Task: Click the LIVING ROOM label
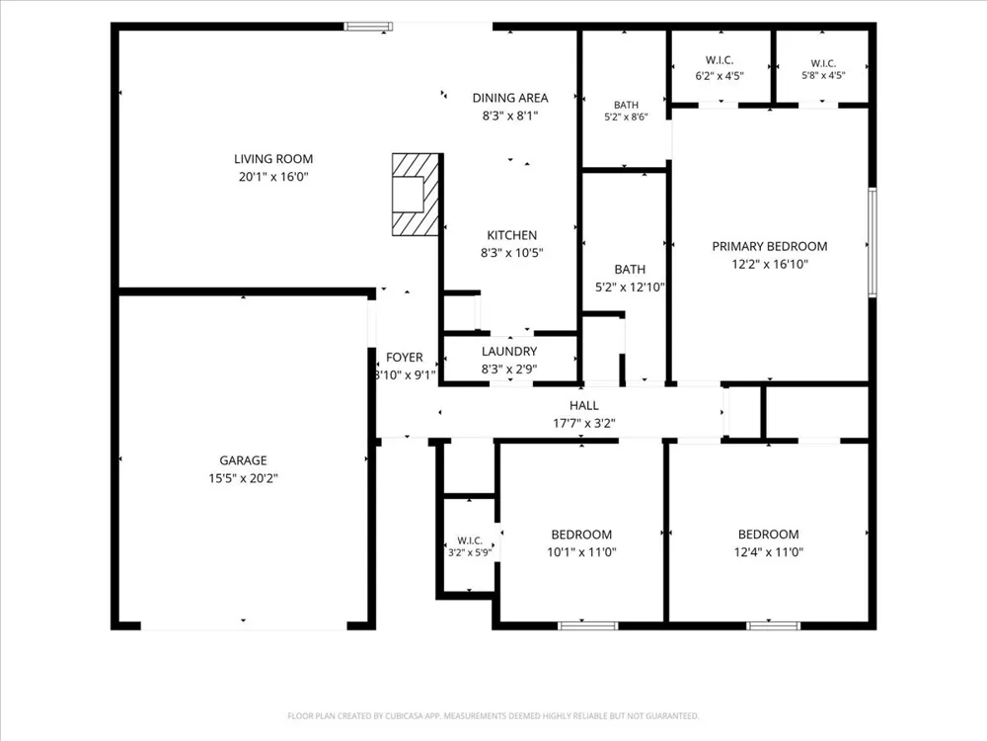click(273, 159)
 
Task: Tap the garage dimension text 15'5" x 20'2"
click(243, 478)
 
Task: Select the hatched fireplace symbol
click(416, 195)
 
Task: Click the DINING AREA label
click(510, 98)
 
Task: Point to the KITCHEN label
click(511, 235)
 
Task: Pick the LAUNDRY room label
click(509, 351)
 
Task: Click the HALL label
click(584, 405)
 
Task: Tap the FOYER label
click(404, 358)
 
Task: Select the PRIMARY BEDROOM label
click(769, 246)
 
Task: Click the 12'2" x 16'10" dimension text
click(769, 264)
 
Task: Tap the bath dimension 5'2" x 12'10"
click(630, 288)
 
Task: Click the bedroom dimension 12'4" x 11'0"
click(769, 552)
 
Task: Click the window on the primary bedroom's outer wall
click(873, 242)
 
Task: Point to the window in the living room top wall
click(368, 27)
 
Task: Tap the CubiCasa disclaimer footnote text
click(493, 715)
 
